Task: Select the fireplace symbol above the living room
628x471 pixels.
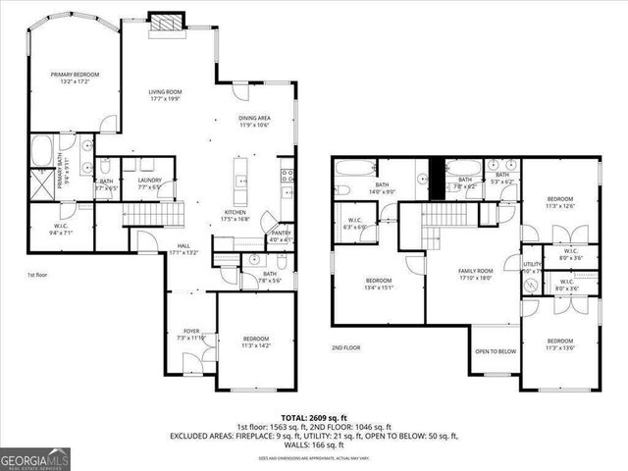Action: click(x=162, y=23)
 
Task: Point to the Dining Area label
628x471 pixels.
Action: click(x=255, y=122)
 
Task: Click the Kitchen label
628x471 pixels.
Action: click(x=235, y=216)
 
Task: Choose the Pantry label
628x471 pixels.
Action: click(x=281, y=235)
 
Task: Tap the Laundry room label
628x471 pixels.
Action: click(x=149, y=183)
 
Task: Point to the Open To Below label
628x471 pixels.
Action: click(x=496, y=351)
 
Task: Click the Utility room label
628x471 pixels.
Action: click(x=533, y=267)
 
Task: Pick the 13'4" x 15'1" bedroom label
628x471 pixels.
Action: click(x=377, y=285)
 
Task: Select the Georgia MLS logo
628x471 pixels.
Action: click(x=33, y=457)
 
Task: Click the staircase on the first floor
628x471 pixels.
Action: click(x=152, y=213)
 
